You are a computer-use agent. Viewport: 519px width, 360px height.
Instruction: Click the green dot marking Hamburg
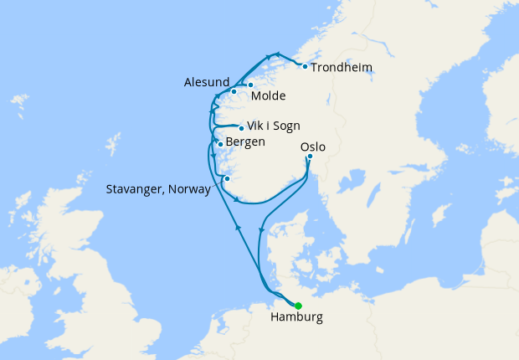[298, 306]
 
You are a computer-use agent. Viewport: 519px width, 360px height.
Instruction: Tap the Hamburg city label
[296, 319]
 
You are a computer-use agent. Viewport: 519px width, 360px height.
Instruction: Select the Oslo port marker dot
[310, 156]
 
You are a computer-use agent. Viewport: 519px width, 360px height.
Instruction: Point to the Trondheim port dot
[305, 66]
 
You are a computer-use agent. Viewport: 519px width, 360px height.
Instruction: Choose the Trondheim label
[342, 67]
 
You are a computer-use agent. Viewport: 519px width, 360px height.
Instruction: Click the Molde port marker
[250, 85]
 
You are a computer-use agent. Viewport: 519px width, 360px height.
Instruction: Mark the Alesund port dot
[234, 91]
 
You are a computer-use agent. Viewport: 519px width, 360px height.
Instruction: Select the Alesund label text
[206, 82]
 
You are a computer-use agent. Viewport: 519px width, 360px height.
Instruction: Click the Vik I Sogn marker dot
[241, 128]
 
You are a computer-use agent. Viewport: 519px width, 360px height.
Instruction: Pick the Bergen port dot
[220, 144]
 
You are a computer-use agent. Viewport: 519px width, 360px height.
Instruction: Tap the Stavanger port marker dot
[226, 178]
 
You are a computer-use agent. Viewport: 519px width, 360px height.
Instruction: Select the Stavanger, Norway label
[158, 189]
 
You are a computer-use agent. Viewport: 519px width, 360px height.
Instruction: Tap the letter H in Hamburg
[275, 318]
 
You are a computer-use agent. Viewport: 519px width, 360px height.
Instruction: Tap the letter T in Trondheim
[314, 67]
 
